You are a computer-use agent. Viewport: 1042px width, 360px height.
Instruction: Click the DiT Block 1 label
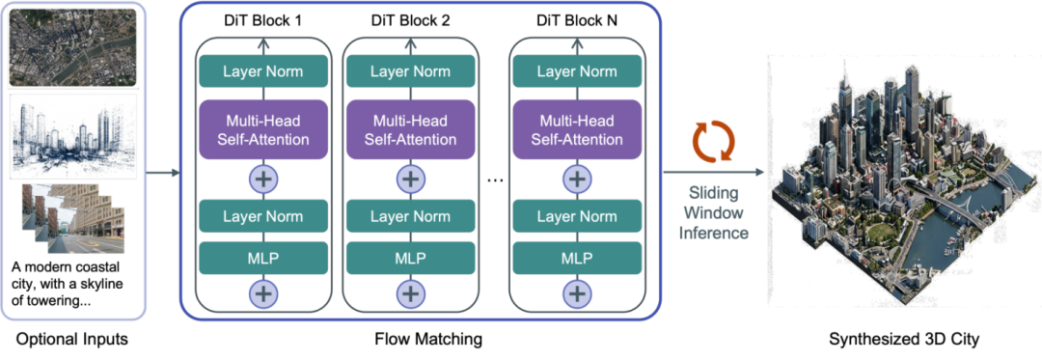[263, 20]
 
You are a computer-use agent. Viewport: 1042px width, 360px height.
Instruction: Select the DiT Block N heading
[577, 20]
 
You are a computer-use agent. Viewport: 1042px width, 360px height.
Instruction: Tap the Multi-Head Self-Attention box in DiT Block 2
[410, 130]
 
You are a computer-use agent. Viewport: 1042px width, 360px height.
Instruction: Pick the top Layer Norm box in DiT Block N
[577, 70]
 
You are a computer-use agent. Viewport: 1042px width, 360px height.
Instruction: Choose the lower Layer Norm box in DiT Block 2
[410, 216]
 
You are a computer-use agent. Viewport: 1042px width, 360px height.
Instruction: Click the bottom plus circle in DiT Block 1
[263, 292]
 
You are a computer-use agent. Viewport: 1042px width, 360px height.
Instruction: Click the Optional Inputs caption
[71, 340]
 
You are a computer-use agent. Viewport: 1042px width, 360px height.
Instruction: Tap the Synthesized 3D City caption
[904, 340]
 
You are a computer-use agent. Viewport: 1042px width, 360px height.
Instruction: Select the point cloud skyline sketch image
[72, 136]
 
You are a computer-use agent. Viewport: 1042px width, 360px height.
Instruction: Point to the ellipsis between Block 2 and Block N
[494, 180]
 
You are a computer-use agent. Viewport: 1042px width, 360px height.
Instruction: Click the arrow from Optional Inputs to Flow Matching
[163, 174]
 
